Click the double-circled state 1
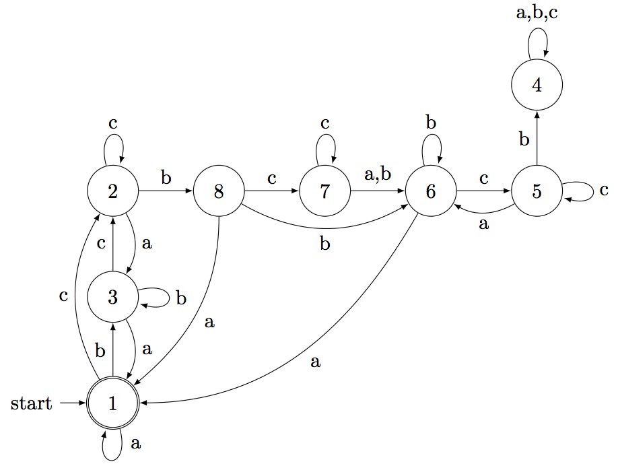(113, 403)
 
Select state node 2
(113, 191)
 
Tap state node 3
(113, 297)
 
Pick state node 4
(537, 86)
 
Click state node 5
(537, 191)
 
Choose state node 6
(431, 191)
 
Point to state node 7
(325, 191)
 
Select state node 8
(219, 191)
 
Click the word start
(32, 404)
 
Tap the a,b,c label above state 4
(537, 13)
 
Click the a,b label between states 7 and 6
(378, 177)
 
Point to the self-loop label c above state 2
(113, 124)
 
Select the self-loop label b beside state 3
(180, 298)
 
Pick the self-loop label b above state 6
(431, 123)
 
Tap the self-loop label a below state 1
(135, 443)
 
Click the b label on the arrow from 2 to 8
(166, 178)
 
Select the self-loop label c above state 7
(325, 124)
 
